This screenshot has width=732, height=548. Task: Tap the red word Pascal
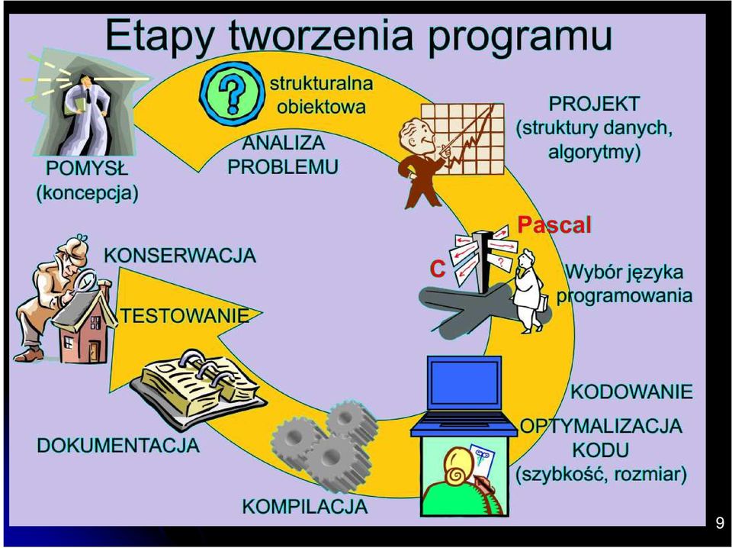(554, 224)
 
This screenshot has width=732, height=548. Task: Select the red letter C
(438, 269)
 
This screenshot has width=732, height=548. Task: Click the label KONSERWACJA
(180, 256)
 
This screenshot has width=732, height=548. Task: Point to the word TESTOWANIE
(185, 316)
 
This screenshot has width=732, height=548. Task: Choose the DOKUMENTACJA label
(118, 445)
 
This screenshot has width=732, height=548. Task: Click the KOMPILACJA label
(305, 507)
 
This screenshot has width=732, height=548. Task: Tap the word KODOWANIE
(631, 392)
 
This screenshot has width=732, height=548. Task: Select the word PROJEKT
(594, 104)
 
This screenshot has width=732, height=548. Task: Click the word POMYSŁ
(87, 168)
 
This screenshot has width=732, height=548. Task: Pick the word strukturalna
(321, 83)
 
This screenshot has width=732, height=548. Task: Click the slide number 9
(720, 522)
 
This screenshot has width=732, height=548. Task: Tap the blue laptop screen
(464, 383)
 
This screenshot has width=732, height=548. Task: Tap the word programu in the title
(518, 37)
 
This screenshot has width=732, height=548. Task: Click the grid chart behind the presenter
(462, 139)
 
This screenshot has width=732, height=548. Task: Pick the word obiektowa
(321, 107)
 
